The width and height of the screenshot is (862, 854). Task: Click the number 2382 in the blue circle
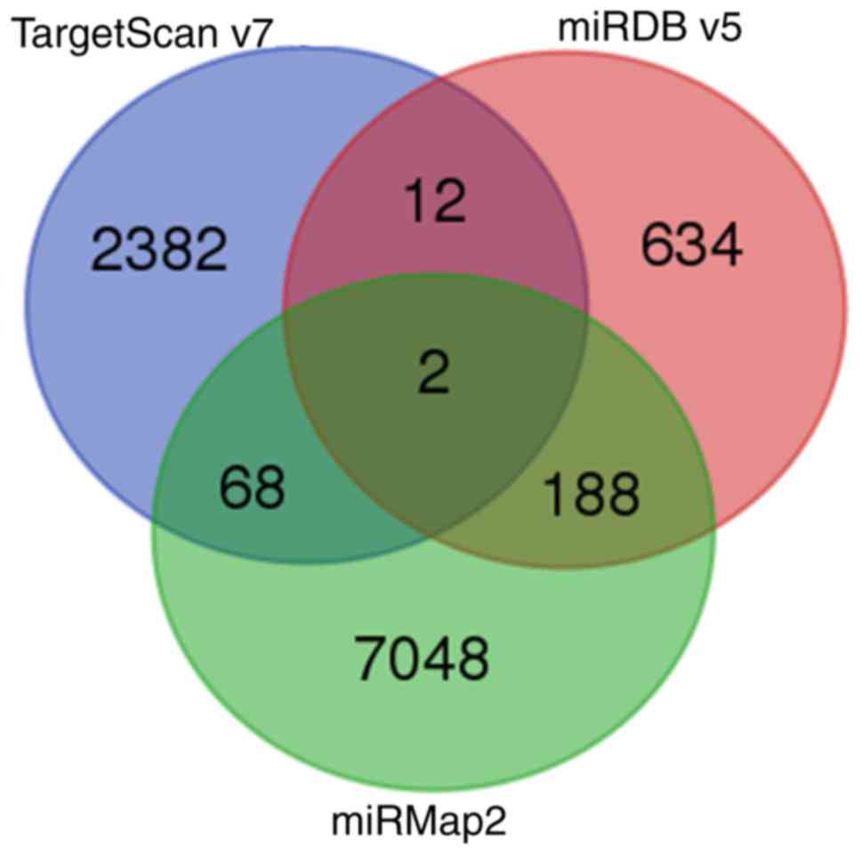159,252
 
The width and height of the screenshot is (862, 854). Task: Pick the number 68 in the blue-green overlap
254,488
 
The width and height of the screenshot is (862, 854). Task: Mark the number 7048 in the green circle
423,658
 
